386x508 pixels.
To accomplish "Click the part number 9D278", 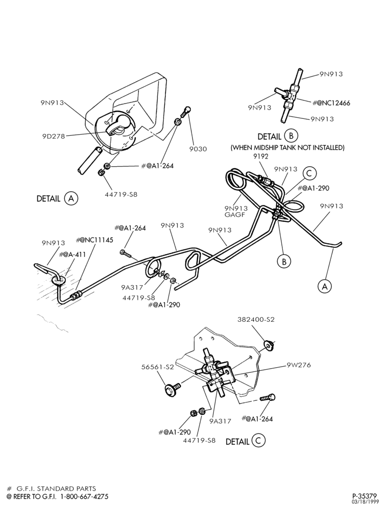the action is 54,136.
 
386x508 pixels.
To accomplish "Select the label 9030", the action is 198,149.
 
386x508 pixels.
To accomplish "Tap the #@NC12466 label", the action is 331,103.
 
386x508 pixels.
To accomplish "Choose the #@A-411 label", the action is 73,255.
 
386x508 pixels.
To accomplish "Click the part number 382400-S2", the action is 256,319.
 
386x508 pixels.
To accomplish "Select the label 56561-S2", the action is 158,367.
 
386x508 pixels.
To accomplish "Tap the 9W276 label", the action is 299,365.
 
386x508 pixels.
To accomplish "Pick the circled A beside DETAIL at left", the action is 71,198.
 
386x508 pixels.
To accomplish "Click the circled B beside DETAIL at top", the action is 291,136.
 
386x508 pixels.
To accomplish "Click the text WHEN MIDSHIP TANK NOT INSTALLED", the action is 287,148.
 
